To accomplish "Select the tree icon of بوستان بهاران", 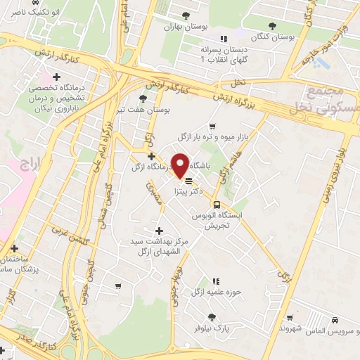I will pyautogui.click(x=186, y=15).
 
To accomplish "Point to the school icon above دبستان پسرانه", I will pyautogui.click(x=224, y=39).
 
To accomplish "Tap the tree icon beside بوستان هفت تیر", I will pyautogui.click(x=143, y=98).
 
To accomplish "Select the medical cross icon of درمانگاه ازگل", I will pyautogui.click(x=151, y=155).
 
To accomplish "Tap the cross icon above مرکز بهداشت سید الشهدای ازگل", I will pyautogui.click(x=159, y=231).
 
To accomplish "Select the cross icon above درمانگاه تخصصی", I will pyautogui.click(x=56, y=77).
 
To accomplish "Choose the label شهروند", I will pyautogui.click(x=290, y=328).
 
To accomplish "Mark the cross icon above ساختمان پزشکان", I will pyautogui.click(x=14, y=247).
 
